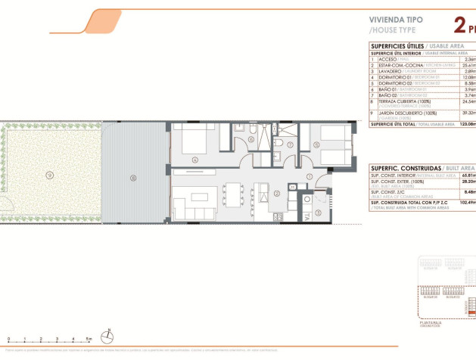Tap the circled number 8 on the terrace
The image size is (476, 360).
133,178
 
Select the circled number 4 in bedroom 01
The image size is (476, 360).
195,160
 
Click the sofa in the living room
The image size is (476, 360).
186,206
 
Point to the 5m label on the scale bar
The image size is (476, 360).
89,340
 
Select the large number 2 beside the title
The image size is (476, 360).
459,26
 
